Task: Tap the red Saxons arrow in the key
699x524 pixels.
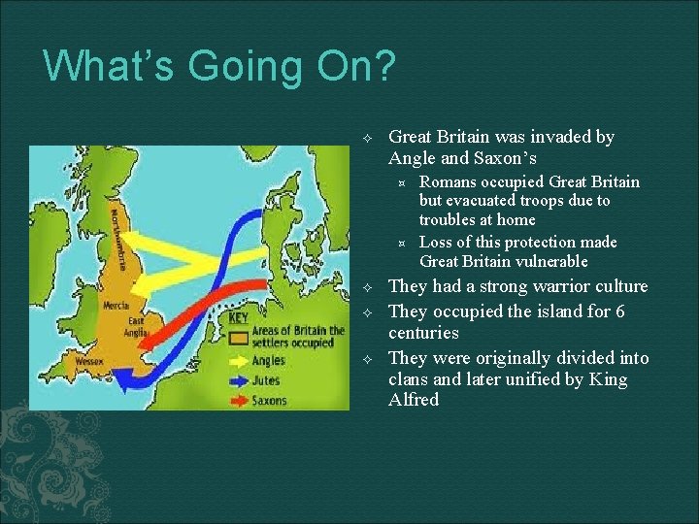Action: [x=237, y=400]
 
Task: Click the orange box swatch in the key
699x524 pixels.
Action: [x=237, y=337]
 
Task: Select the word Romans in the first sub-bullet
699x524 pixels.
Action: [x=447, y=181]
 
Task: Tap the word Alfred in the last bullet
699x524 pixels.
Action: [x=414, y=400]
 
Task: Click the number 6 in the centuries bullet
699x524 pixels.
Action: [x=619, y=311]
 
